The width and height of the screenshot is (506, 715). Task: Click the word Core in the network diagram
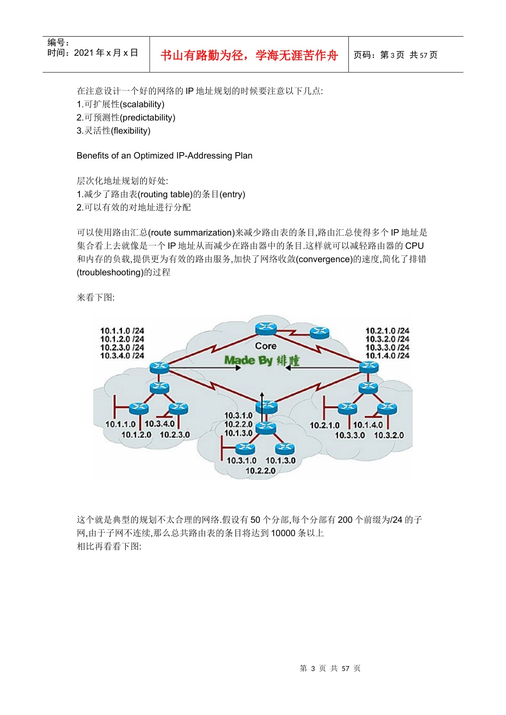265,346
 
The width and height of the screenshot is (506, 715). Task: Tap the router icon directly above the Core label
265,329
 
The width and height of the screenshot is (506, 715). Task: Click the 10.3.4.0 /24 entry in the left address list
122,355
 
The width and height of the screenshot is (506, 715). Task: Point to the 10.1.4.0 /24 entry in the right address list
387,355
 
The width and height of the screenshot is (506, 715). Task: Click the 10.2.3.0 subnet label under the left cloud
175,435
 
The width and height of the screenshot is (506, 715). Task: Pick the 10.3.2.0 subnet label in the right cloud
389,435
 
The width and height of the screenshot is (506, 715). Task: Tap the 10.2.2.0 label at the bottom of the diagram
260,470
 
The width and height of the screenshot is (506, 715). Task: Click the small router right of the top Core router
320,333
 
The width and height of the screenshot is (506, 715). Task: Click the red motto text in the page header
249,55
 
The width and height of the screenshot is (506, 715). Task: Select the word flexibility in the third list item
130,131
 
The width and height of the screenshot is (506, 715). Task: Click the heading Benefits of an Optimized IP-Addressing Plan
165,155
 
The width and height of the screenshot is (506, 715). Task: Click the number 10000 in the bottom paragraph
283,533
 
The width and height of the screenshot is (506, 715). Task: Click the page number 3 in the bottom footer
313,668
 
